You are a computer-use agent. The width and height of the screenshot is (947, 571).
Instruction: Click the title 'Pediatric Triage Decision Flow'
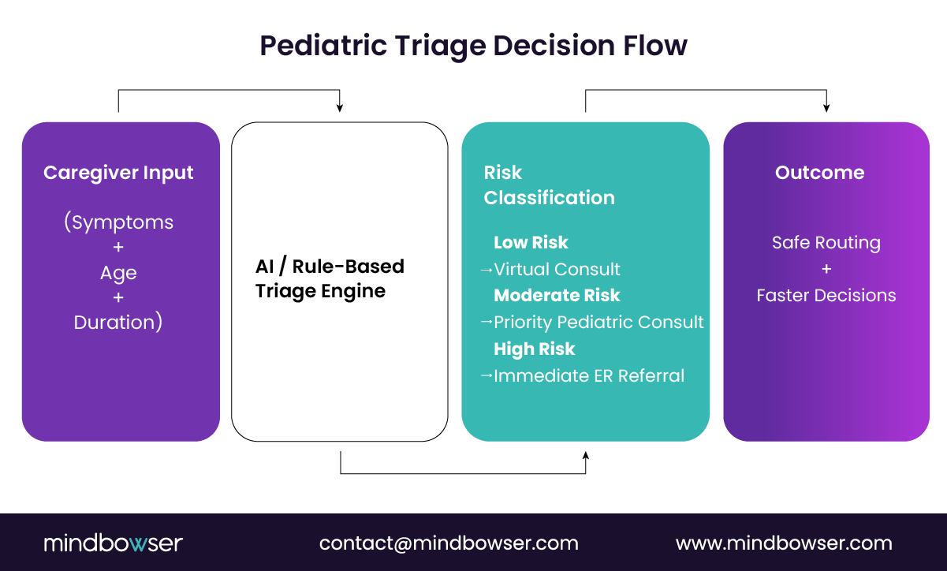(x=473, y=46)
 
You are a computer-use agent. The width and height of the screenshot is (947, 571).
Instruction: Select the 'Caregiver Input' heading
(x=118, y=173)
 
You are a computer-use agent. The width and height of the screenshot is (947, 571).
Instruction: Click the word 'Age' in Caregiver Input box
(x=118, y=273)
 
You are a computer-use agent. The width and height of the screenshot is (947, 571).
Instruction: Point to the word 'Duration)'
(x=118, y=323)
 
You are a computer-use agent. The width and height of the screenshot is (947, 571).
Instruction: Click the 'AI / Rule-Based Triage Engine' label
(x=330, y=278)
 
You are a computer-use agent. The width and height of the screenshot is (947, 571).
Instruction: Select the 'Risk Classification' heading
(x=549, y=185)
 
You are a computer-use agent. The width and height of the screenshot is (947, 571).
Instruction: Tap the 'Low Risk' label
(x=531, y=242)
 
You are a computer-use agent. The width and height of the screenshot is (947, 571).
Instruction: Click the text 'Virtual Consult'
(x=557, y=269)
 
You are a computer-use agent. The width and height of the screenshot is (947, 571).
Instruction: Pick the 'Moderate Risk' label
(x=557, y=295)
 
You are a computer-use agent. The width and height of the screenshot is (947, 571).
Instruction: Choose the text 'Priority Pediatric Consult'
(x=598, y=322)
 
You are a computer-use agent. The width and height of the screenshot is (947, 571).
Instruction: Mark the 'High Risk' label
(x=534, y=349)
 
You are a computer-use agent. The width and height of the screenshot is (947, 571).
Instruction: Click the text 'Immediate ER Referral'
(x=588, y=375)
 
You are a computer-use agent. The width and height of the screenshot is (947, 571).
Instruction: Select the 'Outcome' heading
(x=819, y=173)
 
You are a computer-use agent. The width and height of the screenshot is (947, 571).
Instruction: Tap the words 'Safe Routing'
(x=826, y=242)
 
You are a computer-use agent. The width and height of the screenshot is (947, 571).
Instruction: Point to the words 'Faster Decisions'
(x=826, y=295)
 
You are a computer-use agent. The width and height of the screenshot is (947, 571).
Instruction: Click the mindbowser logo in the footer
(x=113, y=543)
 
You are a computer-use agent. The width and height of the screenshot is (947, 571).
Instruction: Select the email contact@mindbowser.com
(x=449, y=543)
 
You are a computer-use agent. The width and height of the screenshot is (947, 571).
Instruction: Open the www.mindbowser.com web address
(x=784, y=543)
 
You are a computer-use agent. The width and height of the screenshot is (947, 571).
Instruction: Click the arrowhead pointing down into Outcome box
(x=826, y=107)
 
